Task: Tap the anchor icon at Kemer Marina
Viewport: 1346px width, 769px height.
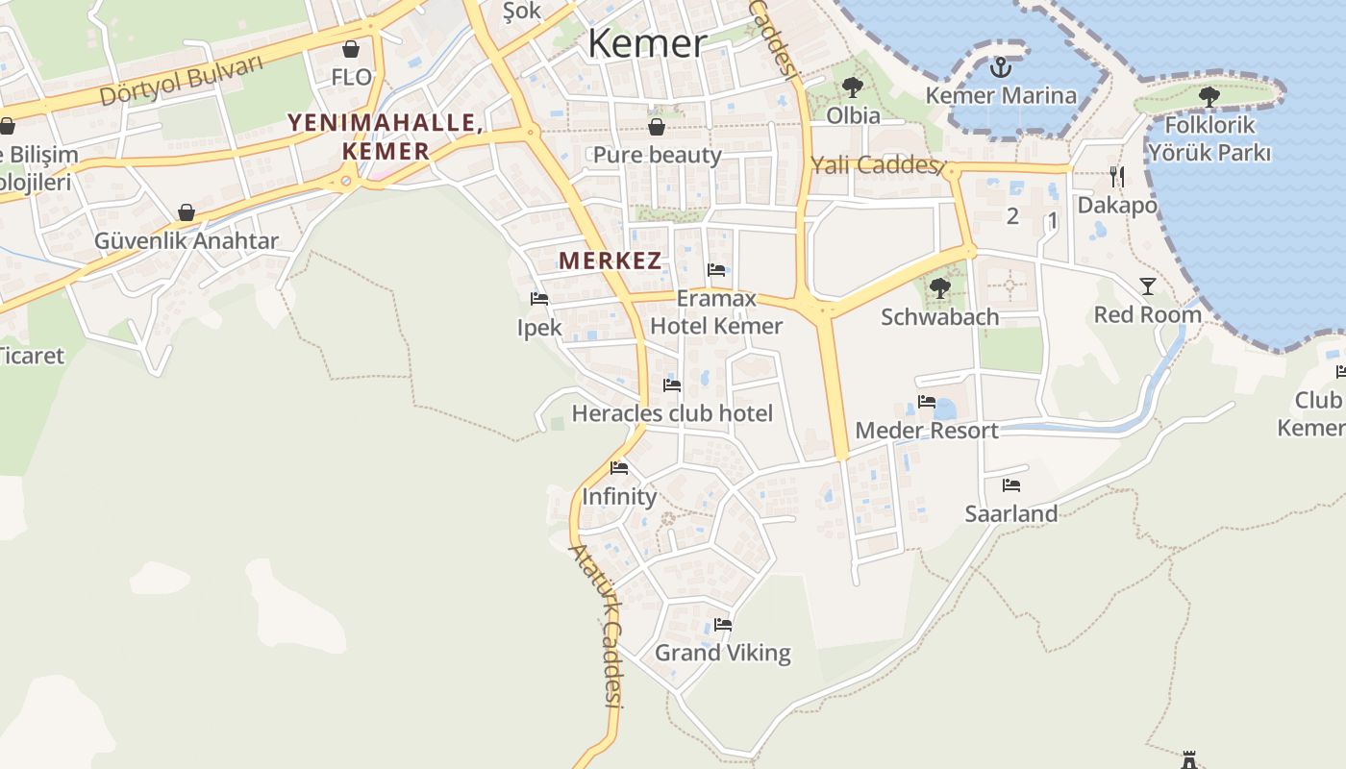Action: [1001, 67]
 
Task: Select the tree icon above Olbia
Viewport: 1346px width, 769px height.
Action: [852, 88]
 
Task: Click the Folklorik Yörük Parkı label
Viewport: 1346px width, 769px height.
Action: [1209, 138]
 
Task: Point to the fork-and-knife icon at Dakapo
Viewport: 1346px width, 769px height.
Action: [1117, 176]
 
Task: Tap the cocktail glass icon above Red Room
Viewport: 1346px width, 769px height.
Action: [1148, 285]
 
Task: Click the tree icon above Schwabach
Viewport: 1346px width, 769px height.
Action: [939, 287]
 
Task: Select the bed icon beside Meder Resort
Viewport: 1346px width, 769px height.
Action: [927, 402]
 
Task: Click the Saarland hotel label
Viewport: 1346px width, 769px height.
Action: [1011, 513]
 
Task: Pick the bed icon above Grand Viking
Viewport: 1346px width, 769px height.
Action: [723, 625]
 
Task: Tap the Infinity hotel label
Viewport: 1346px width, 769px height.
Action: [619, 497]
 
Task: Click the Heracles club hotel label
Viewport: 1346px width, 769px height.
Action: [672, 413]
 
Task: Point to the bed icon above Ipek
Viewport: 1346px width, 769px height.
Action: [539, 299]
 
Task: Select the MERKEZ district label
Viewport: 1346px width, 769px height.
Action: [610, 260]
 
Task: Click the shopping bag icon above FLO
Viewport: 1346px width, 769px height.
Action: [351, 49]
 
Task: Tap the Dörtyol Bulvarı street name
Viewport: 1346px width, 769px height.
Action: [181, 81]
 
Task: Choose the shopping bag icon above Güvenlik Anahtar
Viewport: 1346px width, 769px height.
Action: [187, 212]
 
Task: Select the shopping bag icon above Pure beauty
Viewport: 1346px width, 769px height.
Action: [657, 127]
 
